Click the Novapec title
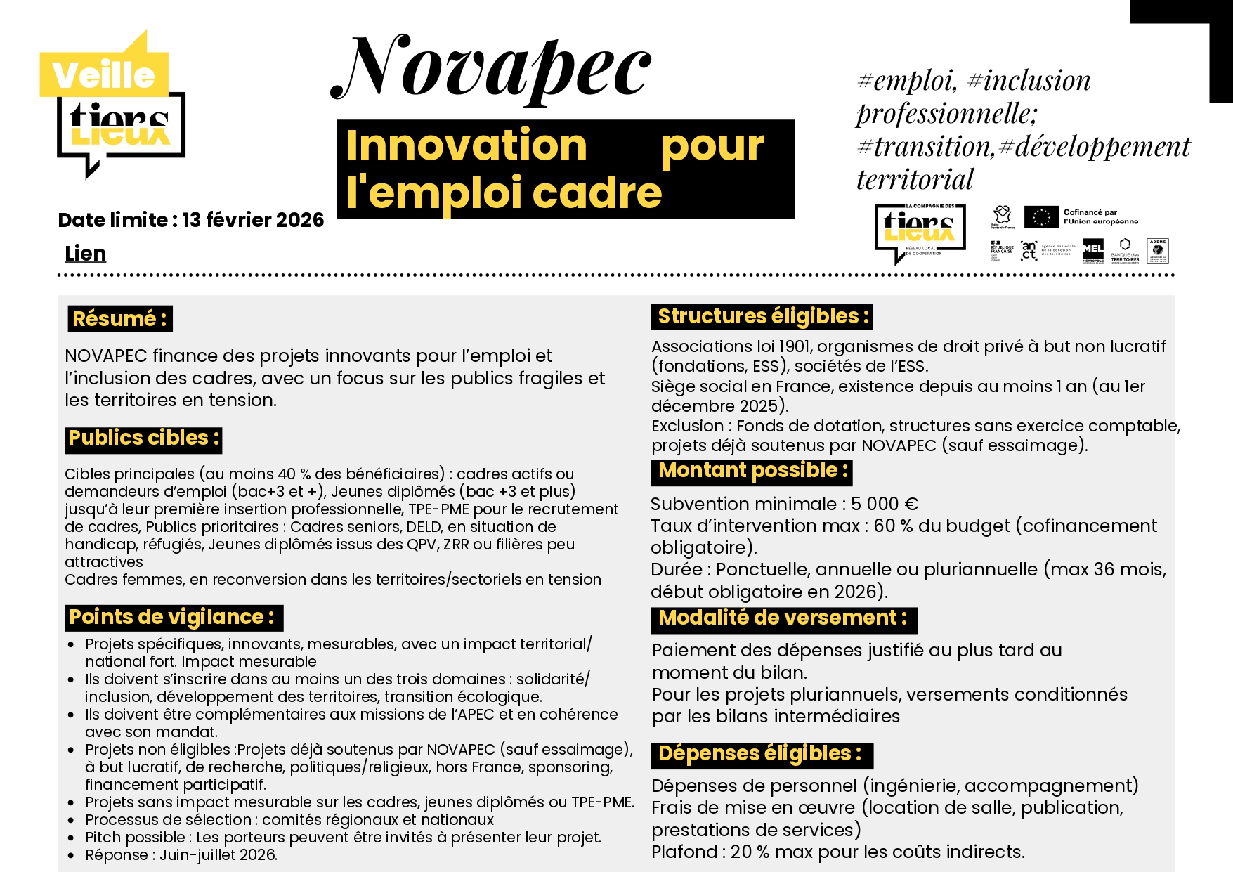click(492, 69)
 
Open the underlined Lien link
click(85, 254)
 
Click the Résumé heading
click(120, 319)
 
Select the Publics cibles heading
click(144, 438)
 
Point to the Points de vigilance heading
click(173, 617)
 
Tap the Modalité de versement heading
click(783, 618)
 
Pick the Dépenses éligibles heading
click(760, 754)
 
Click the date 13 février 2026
click(253, 220)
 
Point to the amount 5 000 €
click(885, 505)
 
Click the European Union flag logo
click(1040, 217)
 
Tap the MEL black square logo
click(1092, 249)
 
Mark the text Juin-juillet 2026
click(218, 855)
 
